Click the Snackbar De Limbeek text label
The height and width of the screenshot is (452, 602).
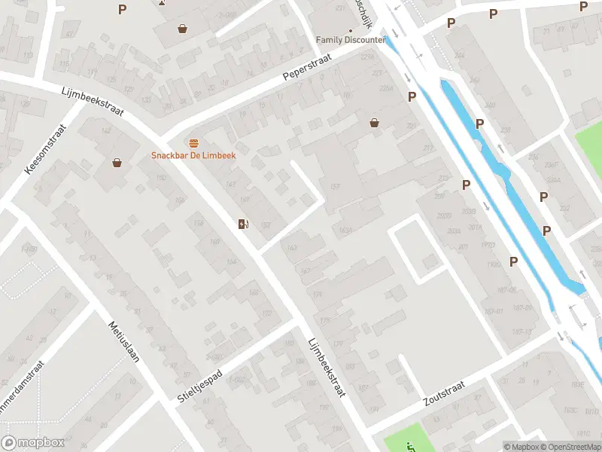coord(194,155)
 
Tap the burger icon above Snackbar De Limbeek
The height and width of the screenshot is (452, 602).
coord(194,143)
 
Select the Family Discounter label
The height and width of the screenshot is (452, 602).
coord(351,39)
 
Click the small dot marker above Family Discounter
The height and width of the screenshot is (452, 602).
coord(350,31)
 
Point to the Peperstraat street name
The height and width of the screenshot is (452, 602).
coord(308,66)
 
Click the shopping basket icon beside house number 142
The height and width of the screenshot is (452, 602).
coord(117,162)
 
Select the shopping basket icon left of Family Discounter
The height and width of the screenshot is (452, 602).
coord(182,29)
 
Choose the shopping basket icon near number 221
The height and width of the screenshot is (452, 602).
coord(374,123)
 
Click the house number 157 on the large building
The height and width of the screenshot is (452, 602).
coord(334,186)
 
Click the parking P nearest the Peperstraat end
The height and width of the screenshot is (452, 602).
coord(412,97)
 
